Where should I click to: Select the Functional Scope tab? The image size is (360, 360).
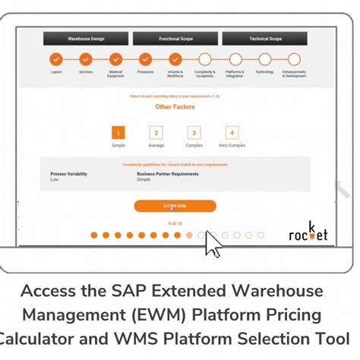(x=174, y=37)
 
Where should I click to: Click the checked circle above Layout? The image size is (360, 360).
(x=55, y=59)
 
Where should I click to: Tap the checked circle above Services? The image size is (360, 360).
(x=85, y=59)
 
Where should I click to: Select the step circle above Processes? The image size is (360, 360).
(x=145, y=59)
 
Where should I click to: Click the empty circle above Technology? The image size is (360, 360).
(x=264, y=59)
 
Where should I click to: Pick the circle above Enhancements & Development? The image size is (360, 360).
(x=293, y=59)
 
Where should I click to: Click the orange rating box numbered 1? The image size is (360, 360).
(x=118, y=133)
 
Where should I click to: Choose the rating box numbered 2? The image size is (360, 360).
(x=156, y=133)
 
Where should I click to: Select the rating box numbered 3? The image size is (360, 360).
(x=194, y=133)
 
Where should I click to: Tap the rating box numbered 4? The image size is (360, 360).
(x=232, y=133)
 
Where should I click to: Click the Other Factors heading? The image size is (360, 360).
(x=175, y=107)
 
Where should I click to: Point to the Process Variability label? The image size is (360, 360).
(x=68, y=174)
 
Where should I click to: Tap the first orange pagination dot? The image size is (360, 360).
(x=94, y=235)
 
